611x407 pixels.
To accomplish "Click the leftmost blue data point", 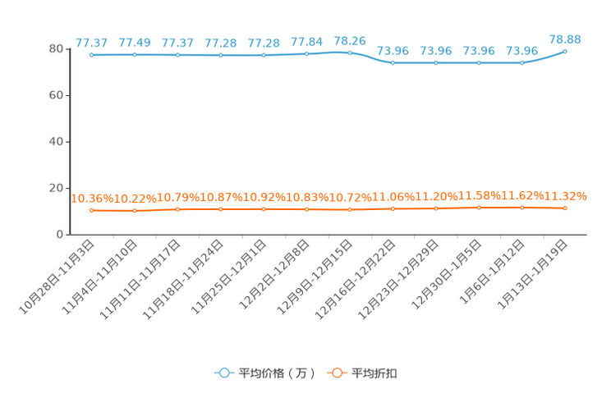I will pyautogui.click(x=92, y=55).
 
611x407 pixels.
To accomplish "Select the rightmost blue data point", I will pyautogui.click(x=565, y=51).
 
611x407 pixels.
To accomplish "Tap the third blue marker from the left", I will pyautogui.click(x=177, y=55).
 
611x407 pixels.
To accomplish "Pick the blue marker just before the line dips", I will pyautogui.click(x=350, y=53).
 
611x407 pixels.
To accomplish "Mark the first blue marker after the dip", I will pyautogui.click(x=393, y=62).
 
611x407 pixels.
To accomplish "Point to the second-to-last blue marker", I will pyautogui.click(x=521, y=62).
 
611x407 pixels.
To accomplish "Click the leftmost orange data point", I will pyautogui.click(x=92, y=211).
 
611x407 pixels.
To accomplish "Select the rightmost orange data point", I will pyautogui.click(x=565, y=208).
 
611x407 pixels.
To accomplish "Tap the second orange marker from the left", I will pyautogui.click(x=135, y=212).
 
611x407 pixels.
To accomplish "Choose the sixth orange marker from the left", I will pyautogui.click(x=306, y=210).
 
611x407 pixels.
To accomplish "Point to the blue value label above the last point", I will pyautogui.click(x=565, y=39).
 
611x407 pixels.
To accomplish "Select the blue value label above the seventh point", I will pyautogui.click(x=351, y=40).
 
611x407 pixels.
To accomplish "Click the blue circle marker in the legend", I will pyautogui.click(x=223, y=373).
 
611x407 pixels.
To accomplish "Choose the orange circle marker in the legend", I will pyautogui.click(x=336, y=373).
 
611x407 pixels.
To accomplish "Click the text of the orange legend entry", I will pyautogui.click(x=374, y=373).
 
